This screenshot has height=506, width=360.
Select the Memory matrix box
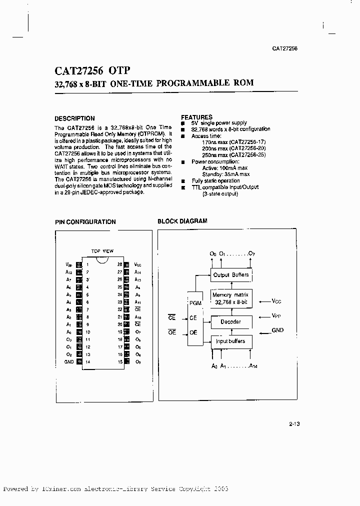coord(230,299)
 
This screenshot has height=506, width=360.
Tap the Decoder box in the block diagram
coord(230,322)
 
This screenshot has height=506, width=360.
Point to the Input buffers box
coord(230,341)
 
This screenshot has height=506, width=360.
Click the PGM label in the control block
coord(195,303)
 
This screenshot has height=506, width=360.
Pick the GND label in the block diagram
coord(277,330)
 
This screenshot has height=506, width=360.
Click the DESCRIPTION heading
coord(74,118)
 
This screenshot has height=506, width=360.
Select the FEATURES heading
coord(196,117)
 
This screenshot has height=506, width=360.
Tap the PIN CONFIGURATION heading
coord(85,222)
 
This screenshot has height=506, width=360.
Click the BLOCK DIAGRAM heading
coord(182,221)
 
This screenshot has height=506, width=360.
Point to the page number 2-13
coord(294,424)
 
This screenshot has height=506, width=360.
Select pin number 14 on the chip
coord(87,361)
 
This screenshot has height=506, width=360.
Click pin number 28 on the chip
coord(120,265)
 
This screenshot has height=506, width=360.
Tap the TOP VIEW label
coord(102,251)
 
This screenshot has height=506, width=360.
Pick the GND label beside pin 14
coord(69,361)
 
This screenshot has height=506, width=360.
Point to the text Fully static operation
coord(216,181)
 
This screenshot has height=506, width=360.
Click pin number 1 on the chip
coord(87,265)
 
